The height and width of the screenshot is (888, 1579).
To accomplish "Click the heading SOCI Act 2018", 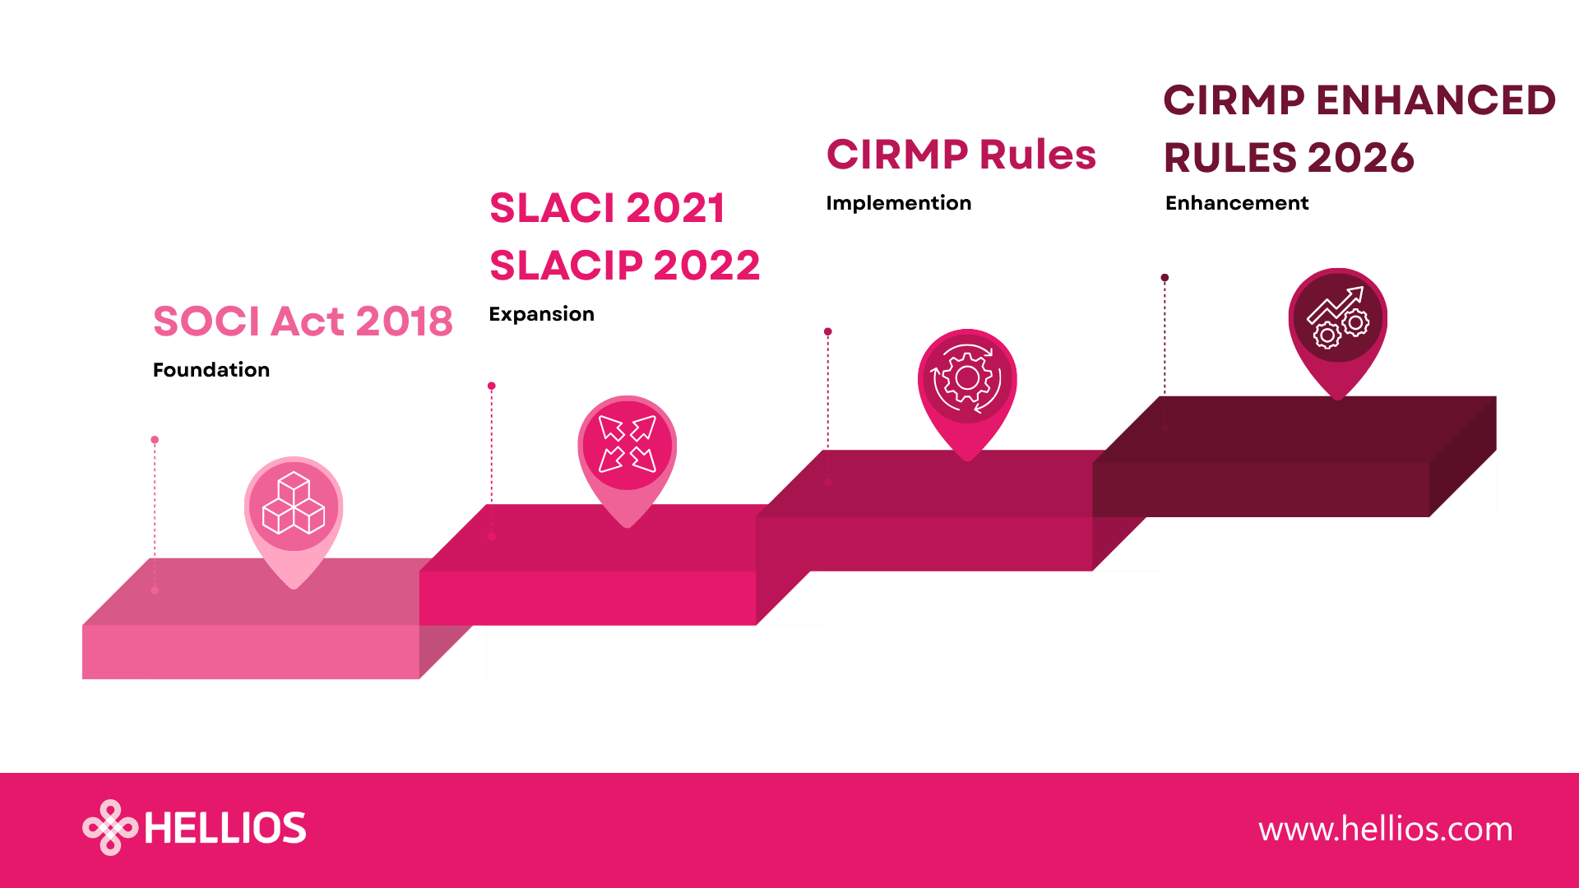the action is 303,321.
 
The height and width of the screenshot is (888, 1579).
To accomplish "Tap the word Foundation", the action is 211,370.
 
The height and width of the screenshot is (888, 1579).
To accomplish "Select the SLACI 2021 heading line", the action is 607,208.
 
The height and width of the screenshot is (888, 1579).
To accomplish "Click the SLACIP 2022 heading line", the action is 625,266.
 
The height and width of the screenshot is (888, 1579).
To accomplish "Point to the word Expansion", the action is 541,314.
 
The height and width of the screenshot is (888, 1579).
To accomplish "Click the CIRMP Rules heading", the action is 961,155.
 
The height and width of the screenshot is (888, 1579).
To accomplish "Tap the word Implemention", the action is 898,203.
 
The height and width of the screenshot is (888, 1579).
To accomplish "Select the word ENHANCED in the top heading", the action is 1436,100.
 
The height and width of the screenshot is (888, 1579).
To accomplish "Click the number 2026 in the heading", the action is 1360,158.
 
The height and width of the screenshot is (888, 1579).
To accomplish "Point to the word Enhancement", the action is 1237,203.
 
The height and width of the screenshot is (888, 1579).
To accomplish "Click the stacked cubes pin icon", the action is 294,504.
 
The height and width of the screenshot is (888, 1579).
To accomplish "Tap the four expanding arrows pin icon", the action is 627,444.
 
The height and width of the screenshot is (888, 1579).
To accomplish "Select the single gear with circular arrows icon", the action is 967,378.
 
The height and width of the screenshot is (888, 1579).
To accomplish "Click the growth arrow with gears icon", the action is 1337,317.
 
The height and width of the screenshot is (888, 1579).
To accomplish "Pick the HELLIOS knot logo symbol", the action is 110,827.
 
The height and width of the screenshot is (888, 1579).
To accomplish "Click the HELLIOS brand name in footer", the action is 225,828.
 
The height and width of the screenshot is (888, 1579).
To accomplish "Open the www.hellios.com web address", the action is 1386,829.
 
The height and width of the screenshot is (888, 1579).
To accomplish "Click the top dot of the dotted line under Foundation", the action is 155,440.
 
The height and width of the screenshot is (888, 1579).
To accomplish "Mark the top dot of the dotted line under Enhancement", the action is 1165,278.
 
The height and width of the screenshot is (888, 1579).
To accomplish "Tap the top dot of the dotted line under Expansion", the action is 492,386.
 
